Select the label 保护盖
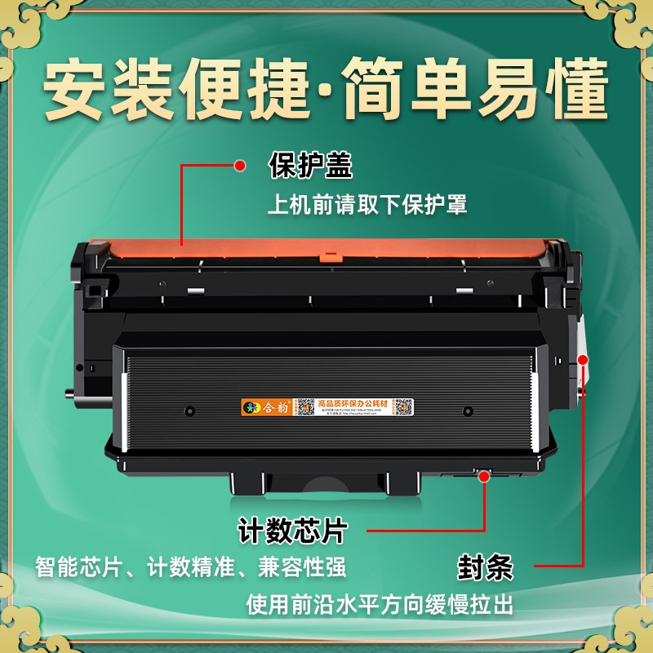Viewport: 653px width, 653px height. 310,166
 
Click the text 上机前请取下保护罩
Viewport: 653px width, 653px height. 367,204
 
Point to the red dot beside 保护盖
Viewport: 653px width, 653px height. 240,166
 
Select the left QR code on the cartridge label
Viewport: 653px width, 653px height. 304,405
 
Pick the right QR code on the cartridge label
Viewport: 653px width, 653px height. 402,406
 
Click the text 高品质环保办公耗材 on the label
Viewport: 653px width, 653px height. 354,402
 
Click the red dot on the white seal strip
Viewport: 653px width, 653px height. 583,359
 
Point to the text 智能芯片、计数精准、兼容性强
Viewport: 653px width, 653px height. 190,566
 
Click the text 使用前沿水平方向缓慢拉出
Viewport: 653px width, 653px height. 380,604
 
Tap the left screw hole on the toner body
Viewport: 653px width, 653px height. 189,411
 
